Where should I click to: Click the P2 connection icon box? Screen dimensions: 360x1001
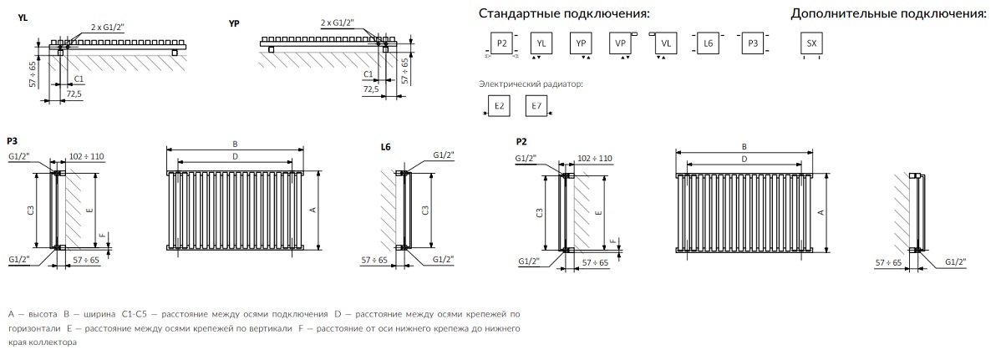pos(500,43)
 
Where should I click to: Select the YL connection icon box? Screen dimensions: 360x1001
pos(541,43)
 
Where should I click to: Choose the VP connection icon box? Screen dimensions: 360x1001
pos(621,43)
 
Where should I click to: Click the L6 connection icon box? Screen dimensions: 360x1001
pos(709,43)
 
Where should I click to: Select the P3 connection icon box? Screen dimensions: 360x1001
pos(753,43)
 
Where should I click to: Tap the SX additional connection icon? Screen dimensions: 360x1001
pos(809,43)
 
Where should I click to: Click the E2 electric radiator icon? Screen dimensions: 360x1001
pos(499,106)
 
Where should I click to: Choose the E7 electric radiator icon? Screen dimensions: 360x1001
pos(536,106)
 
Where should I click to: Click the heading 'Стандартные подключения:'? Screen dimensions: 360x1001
pos(564,14)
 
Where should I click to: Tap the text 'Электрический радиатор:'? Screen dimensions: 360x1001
pos(531,84)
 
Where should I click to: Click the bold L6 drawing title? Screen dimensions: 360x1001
pos(385,146)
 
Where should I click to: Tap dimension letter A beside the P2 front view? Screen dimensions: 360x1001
pos(821,212)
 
